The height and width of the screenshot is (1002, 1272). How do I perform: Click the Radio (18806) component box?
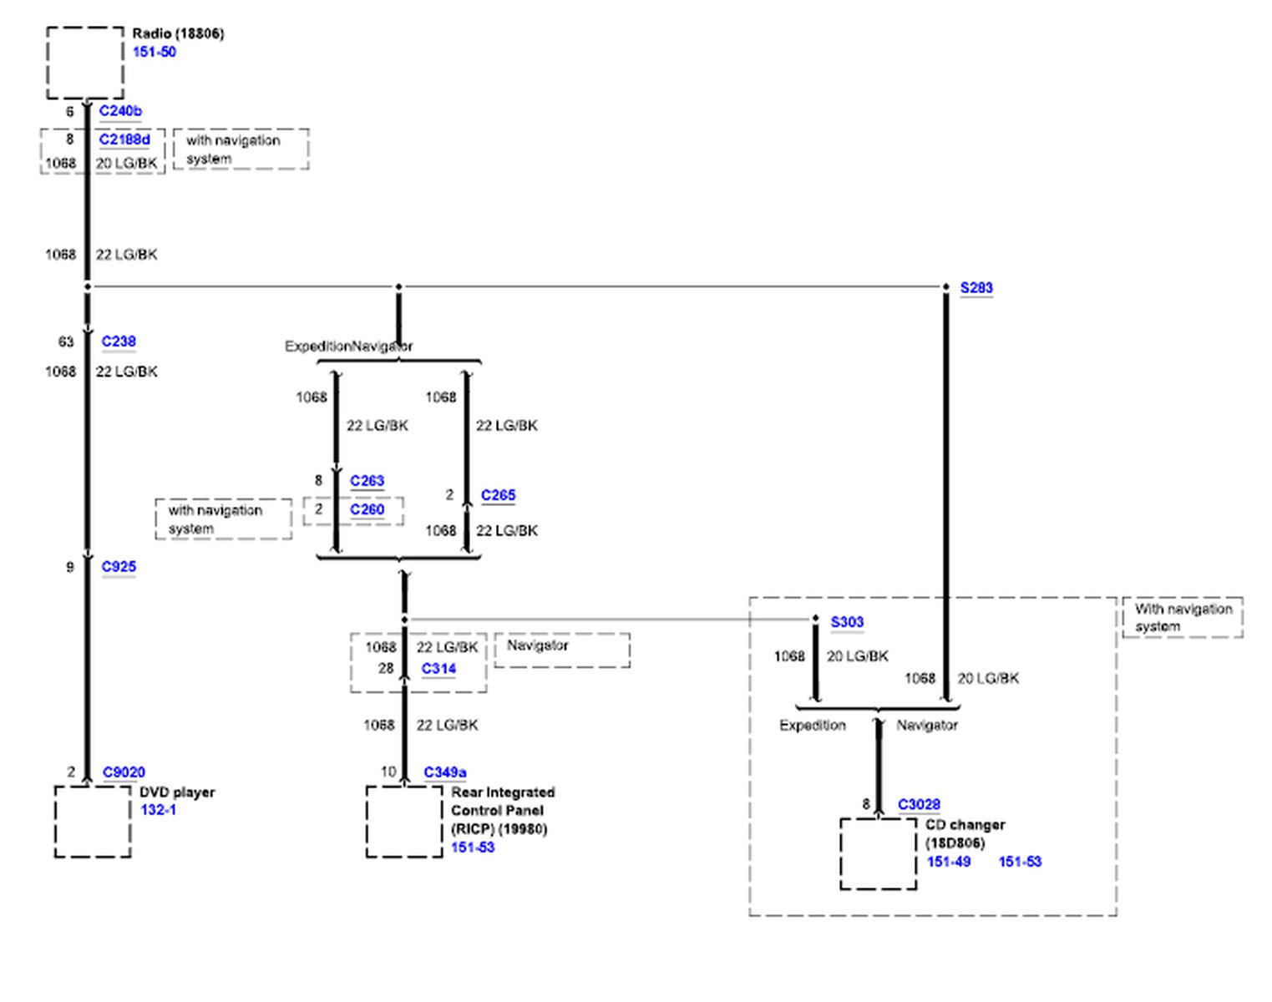click(x=85, y=63)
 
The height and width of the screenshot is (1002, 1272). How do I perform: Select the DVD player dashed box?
click(x=93, y=822)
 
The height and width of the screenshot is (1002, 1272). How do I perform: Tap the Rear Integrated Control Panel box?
click(x=404, y=822)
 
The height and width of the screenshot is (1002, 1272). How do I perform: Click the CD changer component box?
click(x=878, y=853)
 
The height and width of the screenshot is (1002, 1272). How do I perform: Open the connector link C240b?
click(x=120, y=111)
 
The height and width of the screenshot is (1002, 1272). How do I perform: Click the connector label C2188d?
click(x=124, y=139)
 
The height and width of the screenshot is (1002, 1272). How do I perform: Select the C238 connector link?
click(x=119, y=342)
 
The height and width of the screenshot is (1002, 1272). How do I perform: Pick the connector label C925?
click(x=119, y=566)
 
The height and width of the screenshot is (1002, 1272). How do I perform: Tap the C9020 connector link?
click(x=124, y=772)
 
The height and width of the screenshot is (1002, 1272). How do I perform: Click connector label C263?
click(x=367, y=481)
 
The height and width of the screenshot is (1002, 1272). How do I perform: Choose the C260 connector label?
click(x=367, y=509)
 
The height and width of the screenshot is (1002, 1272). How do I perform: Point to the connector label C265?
click(x=498, y=495)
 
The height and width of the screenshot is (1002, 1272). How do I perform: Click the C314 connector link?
click(x=438, y=669)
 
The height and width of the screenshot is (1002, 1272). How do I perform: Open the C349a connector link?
click(x=444, y=772)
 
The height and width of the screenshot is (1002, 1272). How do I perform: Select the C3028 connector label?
click(x=919, y=805)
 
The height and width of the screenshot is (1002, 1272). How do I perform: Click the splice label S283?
click(x=976, y=288)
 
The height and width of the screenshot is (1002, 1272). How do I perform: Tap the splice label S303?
click(x=847, y=622)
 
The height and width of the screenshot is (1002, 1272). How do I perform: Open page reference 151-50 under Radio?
click(x=155, y=52)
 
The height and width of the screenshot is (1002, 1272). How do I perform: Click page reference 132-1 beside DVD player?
click(x=158, y=810)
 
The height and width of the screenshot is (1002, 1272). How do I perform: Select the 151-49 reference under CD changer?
click(x=949, y=862)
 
